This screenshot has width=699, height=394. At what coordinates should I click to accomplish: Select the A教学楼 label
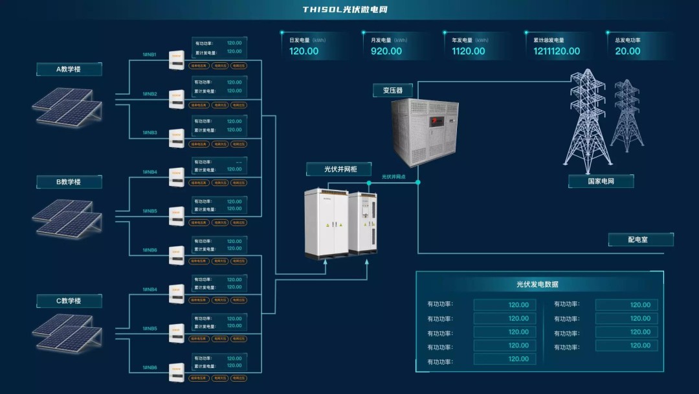click(x=69, y=69)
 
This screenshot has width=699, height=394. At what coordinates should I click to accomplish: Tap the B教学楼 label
click(x=69, y=182)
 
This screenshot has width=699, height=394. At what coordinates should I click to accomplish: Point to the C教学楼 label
click(x=69, y=301)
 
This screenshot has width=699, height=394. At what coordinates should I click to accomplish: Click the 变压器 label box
click(x=393, y=91)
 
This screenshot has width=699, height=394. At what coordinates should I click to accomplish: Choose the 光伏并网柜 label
click(x=339, y=169)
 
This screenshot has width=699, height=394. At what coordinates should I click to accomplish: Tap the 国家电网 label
click(x=601, y=181)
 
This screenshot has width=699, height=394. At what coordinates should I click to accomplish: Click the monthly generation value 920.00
click(x=386, y=51)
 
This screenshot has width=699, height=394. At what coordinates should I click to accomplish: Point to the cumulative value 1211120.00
click(x=557, y=51)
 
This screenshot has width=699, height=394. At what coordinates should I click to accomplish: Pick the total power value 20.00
click(x=628, y=51)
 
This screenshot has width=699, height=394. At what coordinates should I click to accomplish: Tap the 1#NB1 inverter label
click(x=150, y=55)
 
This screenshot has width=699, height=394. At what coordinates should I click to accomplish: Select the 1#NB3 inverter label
click(x=150, y=133)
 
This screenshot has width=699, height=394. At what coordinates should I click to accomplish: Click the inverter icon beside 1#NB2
click(x=177, y=99)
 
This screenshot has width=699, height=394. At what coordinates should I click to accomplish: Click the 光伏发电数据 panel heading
click(x=537, y=284)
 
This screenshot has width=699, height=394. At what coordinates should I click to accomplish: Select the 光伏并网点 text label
click(x=394, y=176)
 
